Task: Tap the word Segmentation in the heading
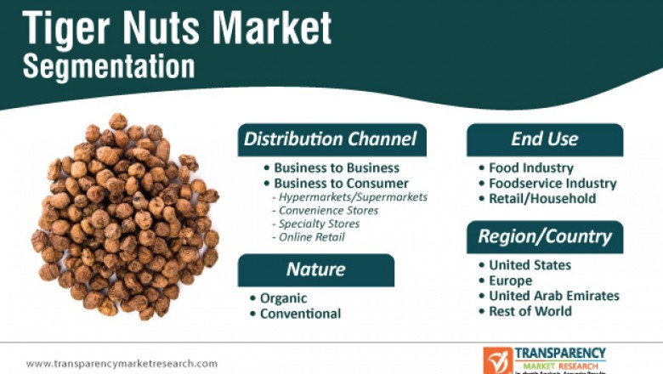coord(109,66)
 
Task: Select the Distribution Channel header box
coord(331,139)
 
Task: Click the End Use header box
coord(544,139)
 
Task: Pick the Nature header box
coord(315,270)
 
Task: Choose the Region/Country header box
coord(544,236)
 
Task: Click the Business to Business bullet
coord(336,167)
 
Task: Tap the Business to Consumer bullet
coord(341,183)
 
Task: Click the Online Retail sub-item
coord(312,237)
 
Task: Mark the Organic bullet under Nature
coord(284,298)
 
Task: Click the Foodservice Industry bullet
coord(552,183)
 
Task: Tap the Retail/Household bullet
coord(542,198)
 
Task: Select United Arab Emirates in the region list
coord(553,296)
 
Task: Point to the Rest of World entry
coord(530,311)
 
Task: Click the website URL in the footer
coord(122,364)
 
